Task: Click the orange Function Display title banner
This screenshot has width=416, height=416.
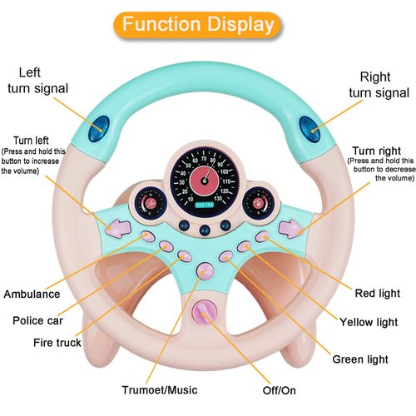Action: (198, 24)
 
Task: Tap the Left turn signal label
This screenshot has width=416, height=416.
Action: (38, 80)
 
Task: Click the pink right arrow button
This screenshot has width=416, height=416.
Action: (290, 226)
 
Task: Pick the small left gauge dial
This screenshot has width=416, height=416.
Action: (151, 204)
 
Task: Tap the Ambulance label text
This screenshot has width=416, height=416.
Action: (32, 295)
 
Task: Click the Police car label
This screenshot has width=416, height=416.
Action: (40, 320)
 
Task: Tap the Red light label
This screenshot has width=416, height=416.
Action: (377, 294)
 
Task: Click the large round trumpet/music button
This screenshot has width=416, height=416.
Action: (205, 270)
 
